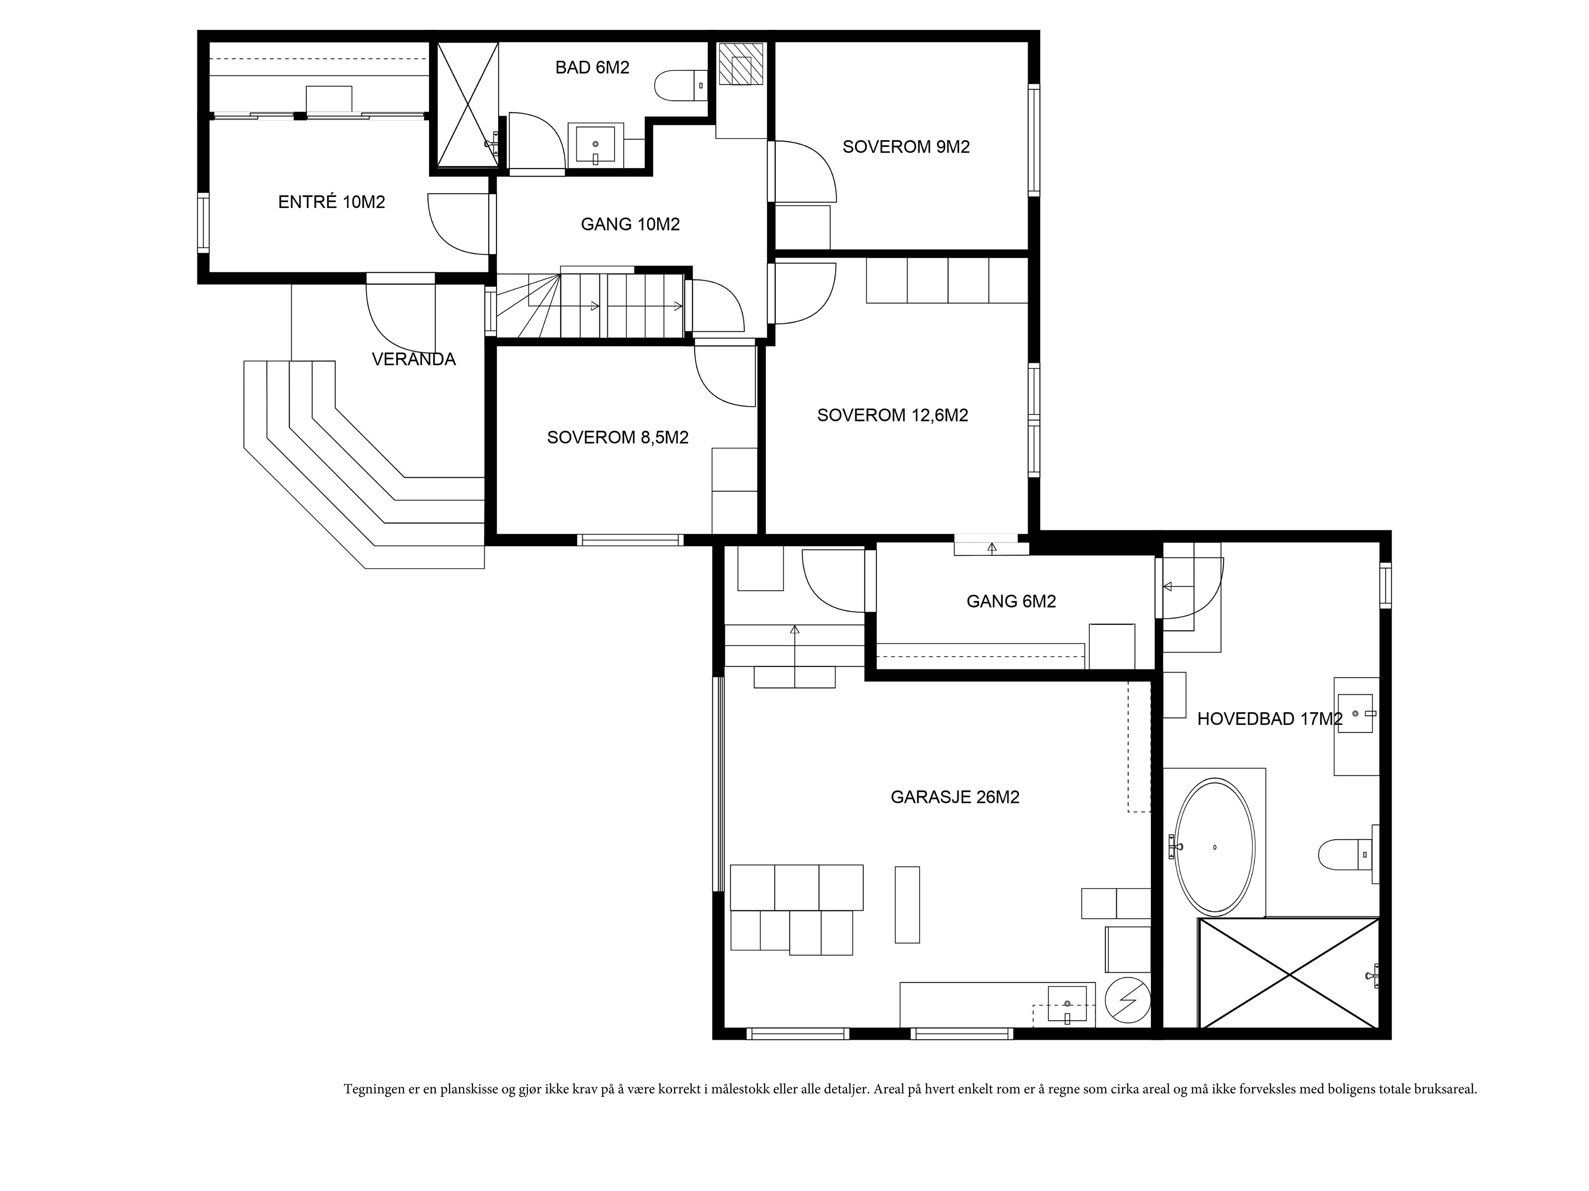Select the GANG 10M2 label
(630, 224)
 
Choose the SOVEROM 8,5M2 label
(618, 437)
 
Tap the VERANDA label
(414, 359)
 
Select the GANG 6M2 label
(1011, 601)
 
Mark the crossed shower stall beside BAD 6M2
(468, 105)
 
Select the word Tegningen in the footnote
(374, 1089)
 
